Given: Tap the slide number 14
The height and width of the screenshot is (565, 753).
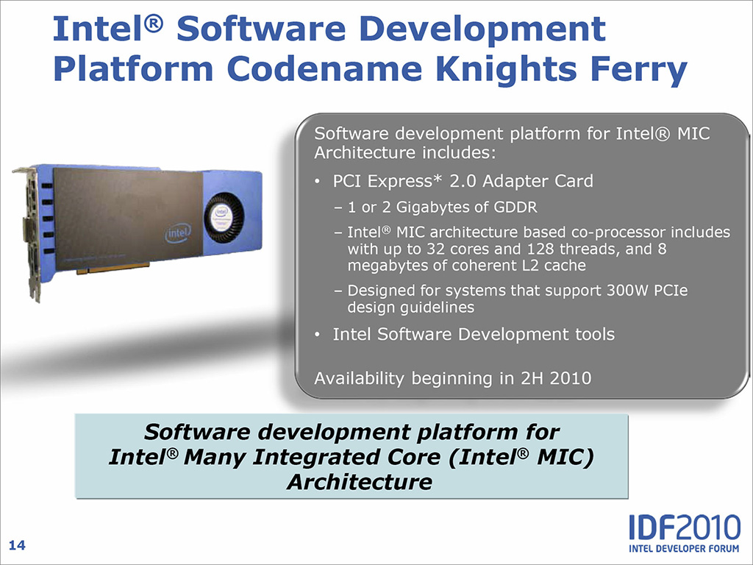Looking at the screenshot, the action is pyautogui.click(x=17, y=545).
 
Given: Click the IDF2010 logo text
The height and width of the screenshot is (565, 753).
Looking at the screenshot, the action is pyautogui.click(x=685, y=527).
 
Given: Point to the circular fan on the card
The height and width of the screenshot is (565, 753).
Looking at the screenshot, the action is pyautogui.click(x=224, y=217).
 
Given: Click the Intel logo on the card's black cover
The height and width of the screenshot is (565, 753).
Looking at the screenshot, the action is pyautogui.click(x=178, y=233).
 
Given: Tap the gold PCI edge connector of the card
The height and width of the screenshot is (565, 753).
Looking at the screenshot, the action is pyautogui.click(x=113, y=268).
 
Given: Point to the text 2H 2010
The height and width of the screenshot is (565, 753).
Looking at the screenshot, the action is pyautogui.click(x=556, y=379).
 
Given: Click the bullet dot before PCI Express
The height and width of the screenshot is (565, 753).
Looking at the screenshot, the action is pyautogui.click(x=317, y=182).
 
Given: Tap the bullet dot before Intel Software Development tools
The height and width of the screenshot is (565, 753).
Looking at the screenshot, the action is pyautogui.click(x=317, y=335).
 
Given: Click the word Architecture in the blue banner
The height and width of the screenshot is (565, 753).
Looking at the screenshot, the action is pyautogui.click(x=359, y=482).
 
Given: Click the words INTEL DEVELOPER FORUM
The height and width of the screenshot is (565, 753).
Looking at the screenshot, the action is pyautogui.click(x=685, y=549).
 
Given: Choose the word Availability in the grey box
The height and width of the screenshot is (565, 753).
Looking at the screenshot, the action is pyautogui.click(x=359, y=379).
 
